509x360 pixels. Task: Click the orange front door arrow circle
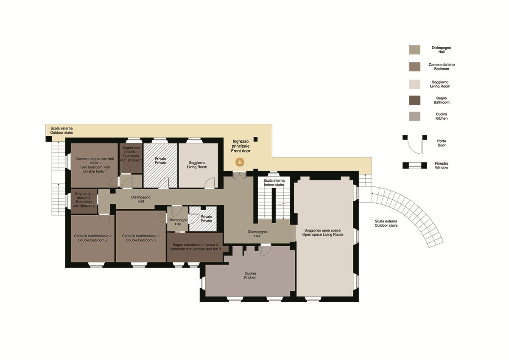tap(240, 162)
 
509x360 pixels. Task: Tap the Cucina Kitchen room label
tap(250, 276)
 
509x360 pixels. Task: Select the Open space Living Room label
tap(322, 232)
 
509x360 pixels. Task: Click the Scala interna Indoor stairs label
tap(274, 183)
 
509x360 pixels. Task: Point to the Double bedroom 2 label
tap(93, 238)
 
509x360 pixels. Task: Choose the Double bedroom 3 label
tap(141, 238)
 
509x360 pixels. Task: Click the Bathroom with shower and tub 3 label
tap(195, 247)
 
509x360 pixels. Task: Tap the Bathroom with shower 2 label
tap(84, 200)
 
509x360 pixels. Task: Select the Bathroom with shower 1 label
tap(131, 154)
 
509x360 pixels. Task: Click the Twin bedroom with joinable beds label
tap(95, 165)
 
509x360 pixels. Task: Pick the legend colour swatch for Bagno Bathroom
tap(415, 100)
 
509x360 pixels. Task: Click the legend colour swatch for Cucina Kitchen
tap(415, 116)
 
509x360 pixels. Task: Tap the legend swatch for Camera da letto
tap(415, 67)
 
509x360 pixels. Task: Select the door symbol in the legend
tap(415, 144)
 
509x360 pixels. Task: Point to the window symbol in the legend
tap(415, 165)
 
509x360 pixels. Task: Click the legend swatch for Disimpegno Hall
tap(415, 50)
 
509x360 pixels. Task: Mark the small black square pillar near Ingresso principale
tap(256, 139)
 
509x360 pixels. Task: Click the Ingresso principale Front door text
tap(241, 146)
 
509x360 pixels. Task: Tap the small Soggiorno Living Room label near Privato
tap(197, 165)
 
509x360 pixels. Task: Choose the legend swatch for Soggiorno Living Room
tap(415, 84)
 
